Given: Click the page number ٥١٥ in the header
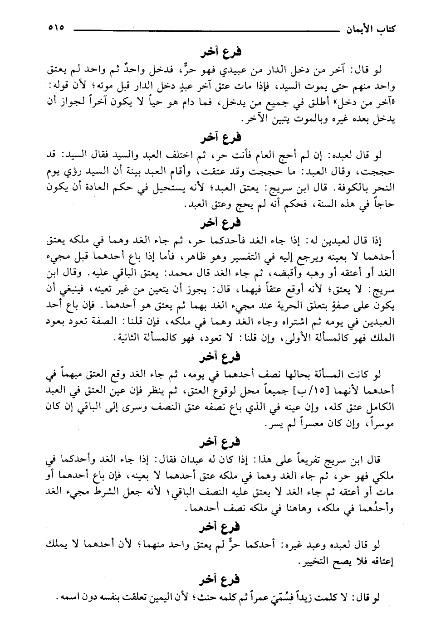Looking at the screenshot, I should coord(56,28).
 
